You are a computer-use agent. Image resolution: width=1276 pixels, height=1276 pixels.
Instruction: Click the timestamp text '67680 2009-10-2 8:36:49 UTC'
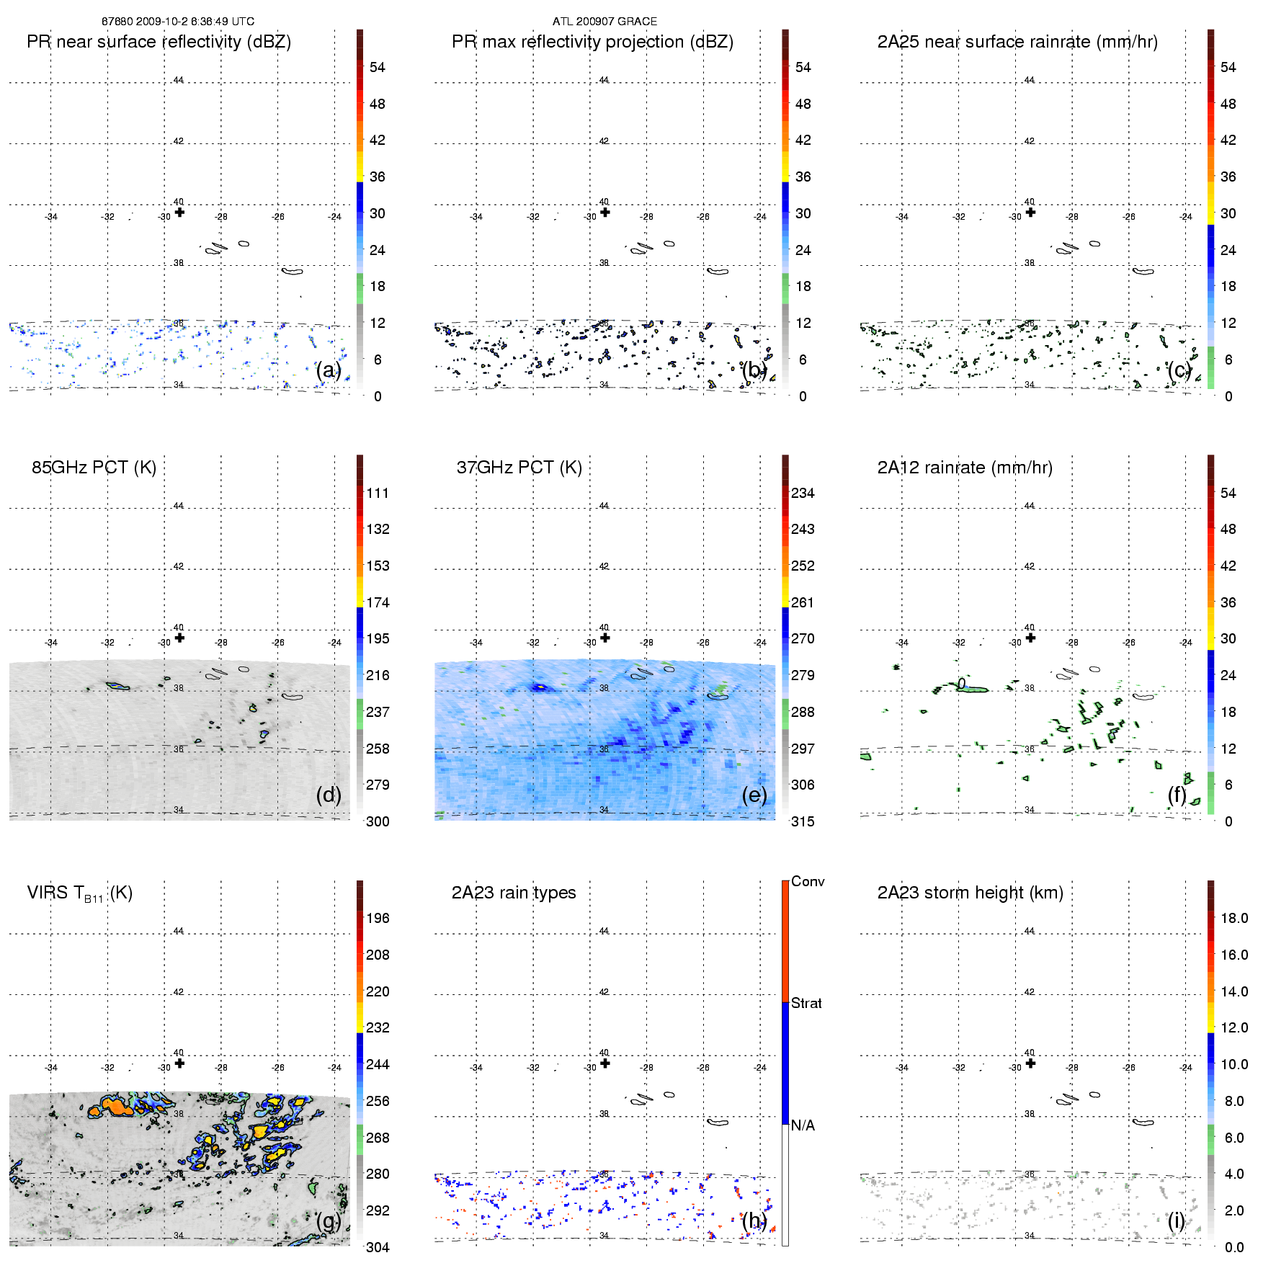pyautogui.click(x=177, y=22)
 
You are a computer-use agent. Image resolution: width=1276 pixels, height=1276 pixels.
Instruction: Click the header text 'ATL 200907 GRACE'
pyautogui.click(x=604, y=22)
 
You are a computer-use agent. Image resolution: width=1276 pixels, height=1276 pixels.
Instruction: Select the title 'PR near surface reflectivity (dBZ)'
pyautogui.click(x=159, y=42)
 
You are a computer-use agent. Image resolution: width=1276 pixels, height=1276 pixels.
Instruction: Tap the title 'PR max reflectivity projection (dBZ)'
pyautogui.click(x=592, y=42)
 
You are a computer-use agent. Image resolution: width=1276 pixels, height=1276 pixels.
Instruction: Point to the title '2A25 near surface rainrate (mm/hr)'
pyautogui.click(x=1017, y=42)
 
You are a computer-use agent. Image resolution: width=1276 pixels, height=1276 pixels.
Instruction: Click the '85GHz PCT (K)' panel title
pyautogui.click(x=94, y=468)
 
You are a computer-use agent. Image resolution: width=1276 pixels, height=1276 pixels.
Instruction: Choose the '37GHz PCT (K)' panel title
pyautogui.click(x=519, y=468)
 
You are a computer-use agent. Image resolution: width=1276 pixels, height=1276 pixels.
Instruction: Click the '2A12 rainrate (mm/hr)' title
pyautogui.click(x=965, y=468)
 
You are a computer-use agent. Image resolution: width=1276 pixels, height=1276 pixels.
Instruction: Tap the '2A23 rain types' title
pyautogui.click(x=514, y=893)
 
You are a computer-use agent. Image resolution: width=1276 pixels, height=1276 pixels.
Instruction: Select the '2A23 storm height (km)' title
pyautogui.click(x=970, y=893)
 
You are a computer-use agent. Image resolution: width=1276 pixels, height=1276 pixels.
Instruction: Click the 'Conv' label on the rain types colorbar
pyautogui.click(x=808, y=881)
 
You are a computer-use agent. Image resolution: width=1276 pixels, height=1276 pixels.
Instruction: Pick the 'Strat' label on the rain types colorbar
pyautogui.click(x=806, y=1003)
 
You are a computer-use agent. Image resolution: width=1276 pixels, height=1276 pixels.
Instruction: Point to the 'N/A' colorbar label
pyautogui.click(x=803, y=1125)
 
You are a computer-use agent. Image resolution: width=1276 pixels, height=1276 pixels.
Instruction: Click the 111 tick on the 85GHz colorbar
pyautogui.click(x=378, y=493)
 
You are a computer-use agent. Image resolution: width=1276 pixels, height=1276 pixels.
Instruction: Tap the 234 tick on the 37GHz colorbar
pyautogui.click(x=803, y=493)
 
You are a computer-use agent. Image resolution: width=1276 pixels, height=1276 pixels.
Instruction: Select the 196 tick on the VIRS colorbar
pyautogui.click(x=378, y=918)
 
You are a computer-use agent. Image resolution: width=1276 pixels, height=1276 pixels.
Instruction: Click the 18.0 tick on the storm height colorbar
pyautogui.click(x=1234, y=918)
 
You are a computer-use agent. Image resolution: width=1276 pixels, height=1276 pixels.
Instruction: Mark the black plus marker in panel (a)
pyautogui.click(x=179, y=212)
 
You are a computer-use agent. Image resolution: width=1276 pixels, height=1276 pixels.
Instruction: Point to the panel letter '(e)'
pyautogui.click(x=754, y=795)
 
